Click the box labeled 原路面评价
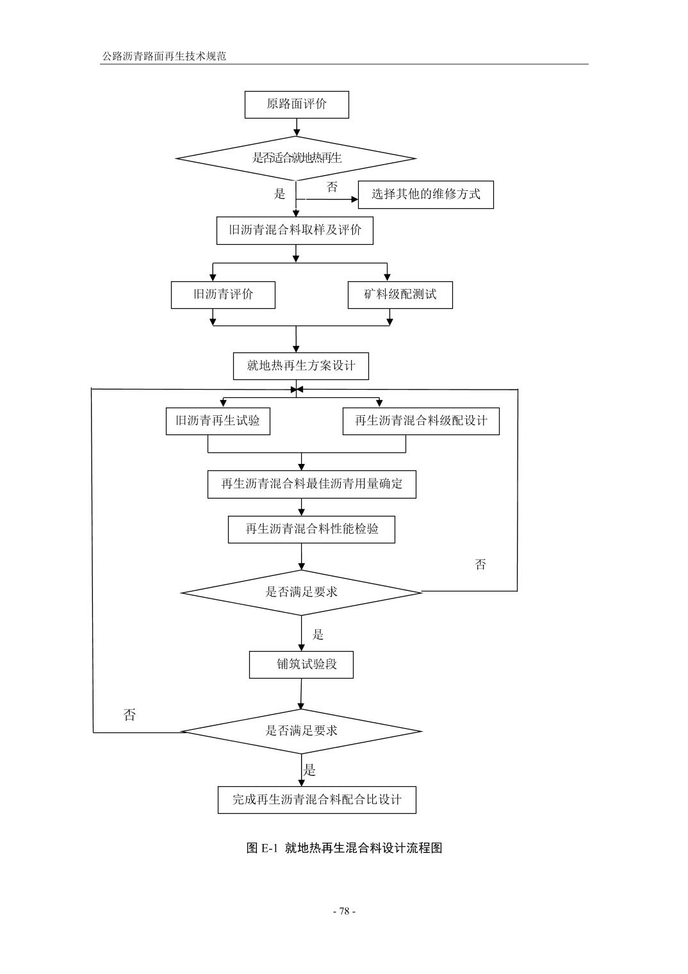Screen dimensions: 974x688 pyautogui.click(x=297, y=104)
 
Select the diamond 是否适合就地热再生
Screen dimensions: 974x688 pyautogui.click(x=296, y=158)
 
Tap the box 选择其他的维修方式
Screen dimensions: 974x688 pyautogui.click(x=425, y=194)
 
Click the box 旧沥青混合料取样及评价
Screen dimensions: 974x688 pyautogui.click(x=295, y=230)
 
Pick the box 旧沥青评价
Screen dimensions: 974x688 pyautogui.click(x=223, y=295)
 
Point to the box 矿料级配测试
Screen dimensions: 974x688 pyautogui.click(x=400, y=295)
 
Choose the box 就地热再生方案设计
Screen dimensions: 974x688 pyautogui.click(x=300, y=366)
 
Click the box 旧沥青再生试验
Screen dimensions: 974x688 pyautogui.click(x=218, y=421)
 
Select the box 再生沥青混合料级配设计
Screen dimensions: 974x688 pyautogui.click(x=420, y=421)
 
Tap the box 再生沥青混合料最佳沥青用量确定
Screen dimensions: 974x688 pyautogui.click(x=311, y=484)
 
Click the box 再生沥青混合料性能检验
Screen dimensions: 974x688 pyautogui.click(x=311, y=529)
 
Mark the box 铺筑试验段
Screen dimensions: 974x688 pyautogui.click(x=301, y=664)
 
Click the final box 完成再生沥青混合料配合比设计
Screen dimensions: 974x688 pyautogui.click(x=316, y=800)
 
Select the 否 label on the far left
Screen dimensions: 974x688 pyautogui.click(x=129, y=715)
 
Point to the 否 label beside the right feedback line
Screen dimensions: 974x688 pyautogui.click(x=480, y=565)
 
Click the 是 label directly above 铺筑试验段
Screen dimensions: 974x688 pyautogui.click(x=318, y=635)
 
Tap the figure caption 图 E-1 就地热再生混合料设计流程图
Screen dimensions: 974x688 pyautogui.click(x=344, y=848)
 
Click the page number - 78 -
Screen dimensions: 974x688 pyautogui.click(x=344, y=911)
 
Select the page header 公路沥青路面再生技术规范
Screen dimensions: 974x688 pyautogui.click(x=164, y=56)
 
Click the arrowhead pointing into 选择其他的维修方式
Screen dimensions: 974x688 pyautogui.click(x=354, y=200)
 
